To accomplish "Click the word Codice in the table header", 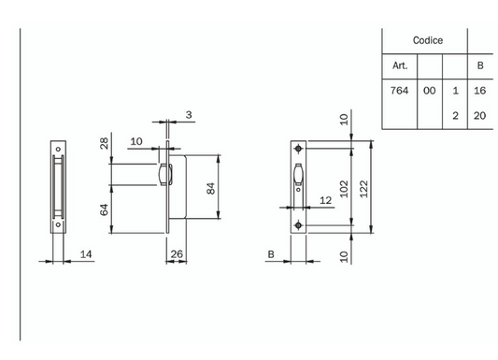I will (x=427, y=41).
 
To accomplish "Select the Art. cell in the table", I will (x=399, y=65).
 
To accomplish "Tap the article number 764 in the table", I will (x=399, y=91).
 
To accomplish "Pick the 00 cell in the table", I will (x=429, y=91).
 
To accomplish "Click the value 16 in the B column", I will (x=480, y=91).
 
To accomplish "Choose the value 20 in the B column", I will (x=480, y=115).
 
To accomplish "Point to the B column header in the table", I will (x=480, y=65).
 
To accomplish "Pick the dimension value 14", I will (x=85, y=252).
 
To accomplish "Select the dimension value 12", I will (x=325, y=200).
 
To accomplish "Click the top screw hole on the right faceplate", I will (x=298, y=151).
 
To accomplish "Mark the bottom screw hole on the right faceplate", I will (x=298, y=226).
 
